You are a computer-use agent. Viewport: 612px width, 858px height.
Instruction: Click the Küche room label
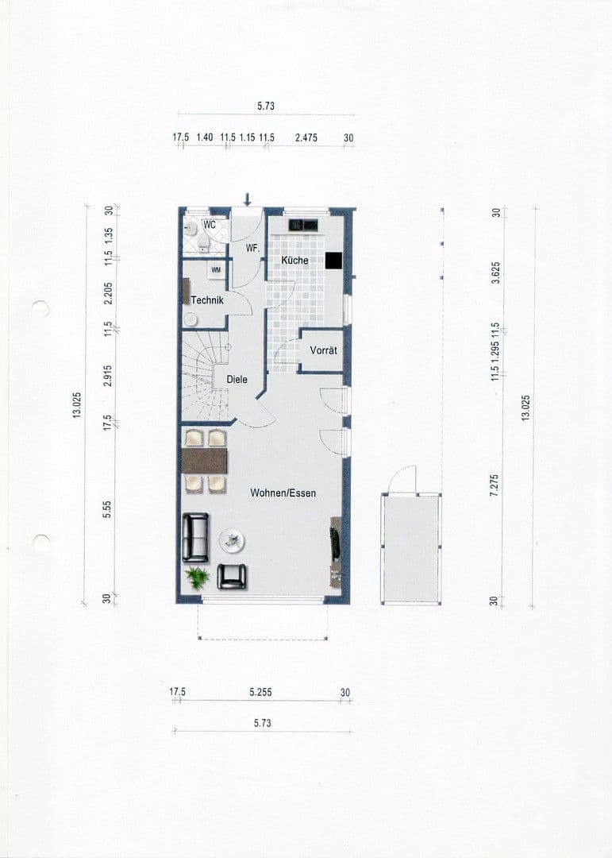point(294,261)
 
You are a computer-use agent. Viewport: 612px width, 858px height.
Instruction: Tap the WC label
point(210,225)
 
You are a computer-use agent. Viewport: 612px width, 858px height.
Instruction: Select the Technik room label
point(207,300)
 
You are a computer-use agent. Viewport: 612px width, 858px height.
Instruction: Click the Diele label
point(237,380)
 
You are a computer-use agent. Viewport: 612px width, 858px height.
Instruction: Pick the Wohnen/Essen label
point(283,493)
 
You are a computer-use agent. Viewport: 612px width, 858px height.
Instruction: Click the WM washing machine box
point(216,270)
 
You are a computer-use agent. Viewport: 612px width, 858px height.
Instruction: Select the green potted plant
point(196,577)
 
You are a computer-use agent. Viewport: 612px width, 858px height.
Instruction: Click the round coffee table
point(232,542)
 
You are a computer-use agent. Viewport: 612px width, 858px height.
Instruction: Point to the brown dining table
point(204,461)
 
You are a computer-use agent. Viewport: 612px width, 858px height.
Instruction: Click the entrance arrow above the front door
point(248,198)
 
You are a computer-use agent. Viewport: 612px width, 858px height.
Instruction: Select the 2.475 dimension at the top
point(306,137)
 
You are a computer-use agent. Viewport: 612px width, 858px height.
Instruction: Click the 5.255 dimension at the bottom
point(260,693)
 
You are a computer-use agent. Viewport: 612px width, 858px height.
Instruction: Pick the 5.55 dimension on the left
point(107,510)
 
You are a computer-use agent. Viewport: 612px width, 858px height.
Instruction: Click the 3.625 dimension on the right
point(495,272)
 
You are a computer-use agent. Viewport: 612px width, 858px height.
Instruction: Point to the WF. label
point(252,249)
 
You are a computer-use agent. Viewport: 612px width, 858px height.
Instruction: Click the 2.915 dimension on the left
point(107,376)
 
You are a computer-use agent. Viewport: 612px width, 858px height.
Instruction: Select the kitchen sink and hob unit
point(302,225)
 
